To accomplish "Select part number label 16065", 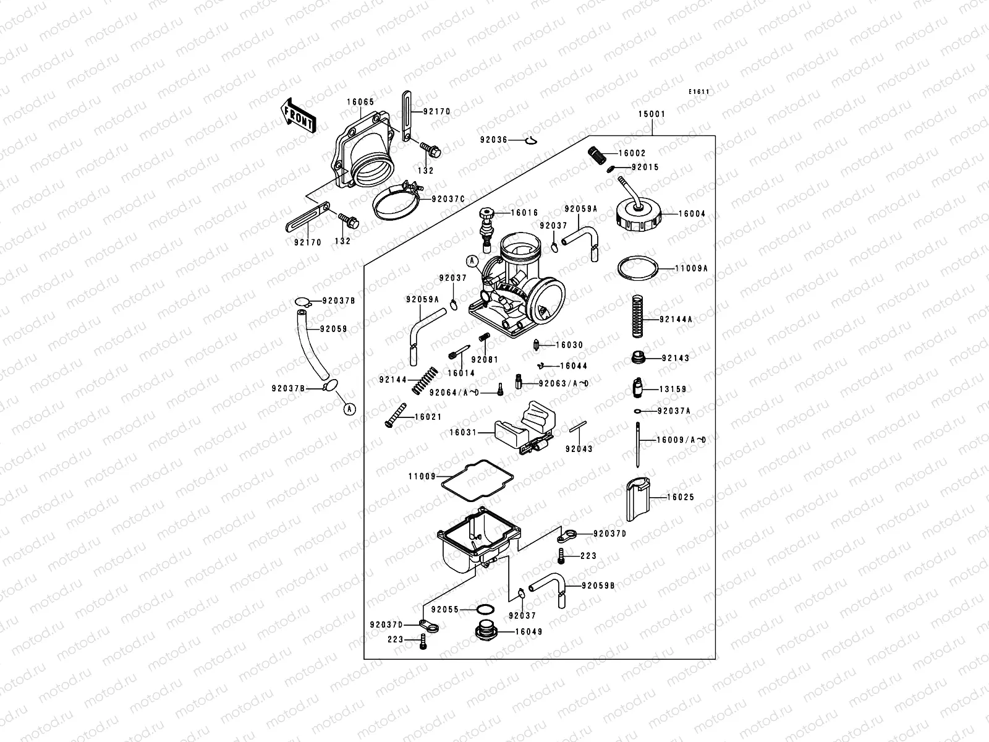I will pos(360,101).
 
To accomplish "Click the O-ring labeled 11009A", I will pos(637,268).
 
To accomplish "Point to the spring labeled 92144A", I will pos(637,316).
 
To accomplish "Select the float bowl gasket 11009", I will pos(472,481).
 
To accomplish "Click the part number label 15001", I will pos(652,114).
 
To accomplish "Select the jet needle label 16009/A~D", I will pos(681,440).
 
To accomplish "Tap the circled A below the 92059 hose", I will pos(349,408).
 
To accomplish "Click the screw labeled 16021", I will pos(396,414).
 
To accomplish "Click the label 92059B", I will pos(598,585).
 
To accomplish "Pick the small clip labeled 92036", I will pos(529,141).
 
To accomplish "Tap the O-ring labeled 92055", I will pos(485,610).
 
